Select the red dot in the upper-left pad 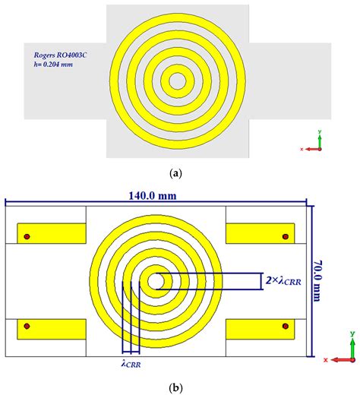pos(27,236)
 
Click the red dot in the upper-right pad pos(286,235)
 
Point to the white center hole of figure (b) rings pos(156,281)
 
